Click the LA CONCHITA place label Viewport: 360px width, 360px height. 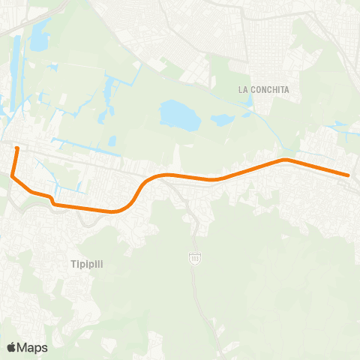point(263,89)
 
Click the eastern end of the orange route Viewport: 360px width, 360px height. point(349,175)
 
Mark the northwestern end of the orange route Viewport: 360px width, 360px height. point(16,148)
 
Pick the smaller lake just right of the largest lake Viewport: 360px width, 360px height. point(223,118)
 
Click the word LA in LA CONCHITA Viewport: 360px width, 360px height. point(243,89)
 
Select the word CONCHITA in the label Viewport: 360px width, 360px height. point(270,89)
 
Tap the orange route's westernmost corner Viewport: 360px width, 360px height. point(11,175)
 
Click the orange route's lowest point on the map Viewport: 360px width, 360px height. point(112,211)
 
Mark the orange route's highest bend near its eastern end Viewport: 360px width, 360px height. point(284,159)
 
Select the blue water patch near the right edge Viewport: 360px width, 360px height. point(341,125)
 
